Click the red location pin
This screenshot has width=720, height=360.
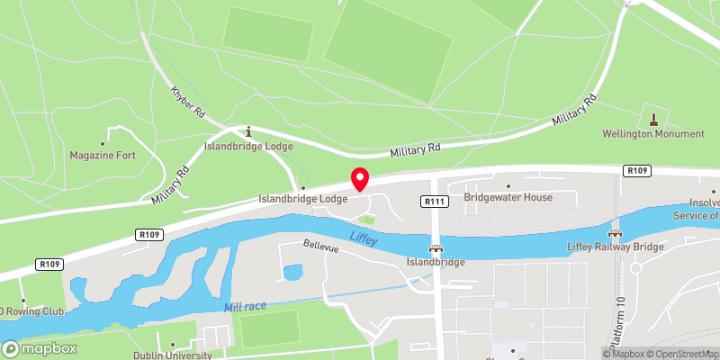[360, 179]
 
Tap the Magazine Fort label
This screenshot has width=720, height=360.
[103, 155]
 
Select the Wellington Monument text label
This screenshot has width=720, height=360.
[653, 134]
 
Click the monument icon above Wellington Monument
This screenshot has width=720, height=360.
[653, 118]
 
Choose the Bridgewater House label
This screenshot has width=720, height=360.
[508, 197]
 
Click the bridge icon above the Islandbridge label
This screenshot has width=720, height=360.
[436, 249]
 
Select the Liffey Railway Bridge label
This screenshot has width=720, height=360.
[616, 246]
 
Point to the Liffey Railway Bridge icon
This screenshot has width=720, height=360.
[616, 232]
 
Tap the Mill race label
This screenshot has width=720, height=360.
[245, 307]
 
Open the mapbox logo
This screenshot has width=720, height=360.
[40, 348]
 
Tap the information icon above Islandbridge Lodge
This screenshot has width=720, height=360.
[249, 131]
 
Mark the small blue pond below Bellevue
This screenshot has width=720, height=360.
[293, 271]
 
